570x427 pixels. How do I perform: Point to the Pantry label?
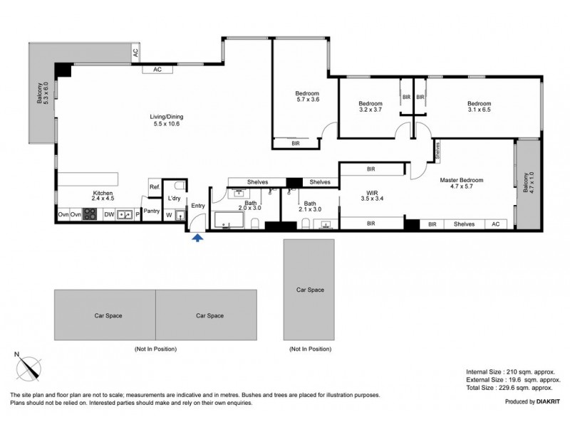pyautogui.click(x=152, y=211)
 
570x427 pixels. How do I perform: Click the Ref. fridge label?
pyautogui.click(x=154, y=187)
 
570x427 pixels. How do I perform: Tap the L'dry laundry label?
pyautogui.click(x=174, y=199)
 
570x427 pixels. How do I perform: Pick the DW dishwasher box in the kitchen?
pyautogui.click(x=109, y=213)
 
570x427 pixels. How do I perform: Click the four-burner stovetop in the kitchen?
pyautogui.click(x=90, y=213)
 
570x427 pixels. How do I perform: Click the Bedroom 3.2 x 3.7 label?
pyautogui.click(x=370, y=107)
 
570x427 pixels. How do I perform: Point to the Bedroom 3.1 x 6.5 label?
pyautogui.click(x=479, y=107)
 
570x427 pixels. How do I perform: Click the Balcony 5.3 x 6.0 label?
pyautogui.click(x=42, y=93)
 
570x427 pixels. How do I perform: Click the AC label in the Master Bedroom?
pyautogui.click(x=497, y=224)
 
